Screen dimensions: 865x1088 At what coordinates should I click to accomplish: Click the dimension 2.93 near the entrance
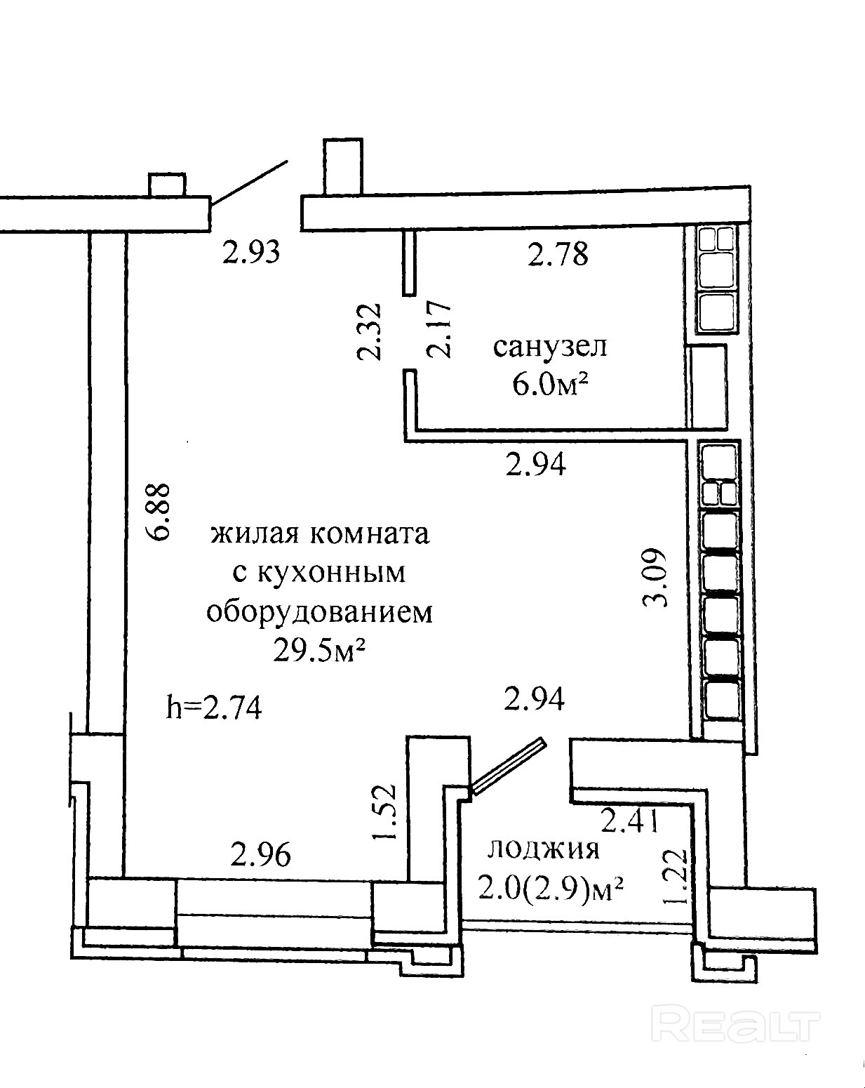tap(251, 251)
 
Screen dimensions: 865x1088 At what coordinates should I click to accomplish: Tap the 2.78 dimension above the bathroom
tap(558, 253)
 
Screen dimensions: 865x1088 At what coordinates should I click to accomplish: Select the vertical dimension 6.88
tap(159, 511)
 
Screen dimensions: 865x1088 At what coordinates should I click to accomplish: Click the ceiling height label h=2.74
tap(214, 707)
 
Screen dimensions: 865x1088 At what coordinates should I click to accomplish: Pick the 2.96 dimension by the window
tap(260, 854)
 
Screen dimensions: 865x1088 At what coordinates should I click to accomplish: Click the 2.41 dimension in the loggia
tap(630, 819)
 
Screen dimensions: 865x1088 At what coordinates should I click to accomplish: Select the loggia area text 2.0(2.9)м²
tap(551, 889)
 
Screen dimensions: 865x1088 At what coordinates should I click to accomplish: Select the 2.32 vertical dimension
tap(369, 331)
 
